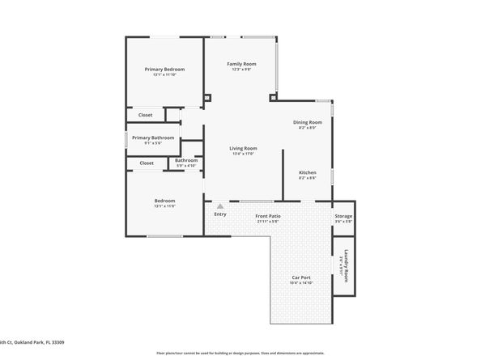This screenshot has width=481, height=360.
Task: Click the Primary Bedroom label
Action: pos(164,70)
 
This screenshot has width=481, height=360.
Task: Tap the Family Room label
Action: pos(240,64)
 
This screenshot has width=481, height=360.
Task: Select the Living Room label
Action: pos(243,148)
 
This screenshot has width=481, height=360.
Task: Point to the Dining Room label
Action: pos(307,122)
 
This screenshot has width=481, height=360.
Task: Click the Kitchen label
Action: pos(307,173)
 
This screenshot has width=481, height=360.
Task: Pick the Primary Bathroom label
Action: pos(153,138)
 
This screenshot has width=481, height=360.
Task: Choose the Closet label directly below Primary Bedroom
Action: pos(145,115)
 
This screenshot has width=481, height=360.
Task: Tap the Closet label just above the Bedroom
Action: pos(147,163)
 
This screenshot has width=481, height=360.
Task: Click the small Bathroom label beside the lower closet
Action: pos(186,160)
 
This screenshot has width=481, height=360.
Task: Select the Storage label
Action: pos(343,216)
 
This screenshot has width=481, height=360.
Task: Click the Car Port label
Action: pos(301,277)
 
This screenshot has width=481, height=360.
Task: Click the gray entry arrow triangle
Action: pos(219,206)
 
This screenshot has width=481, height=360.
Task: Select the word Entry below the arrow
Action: pos(219,214)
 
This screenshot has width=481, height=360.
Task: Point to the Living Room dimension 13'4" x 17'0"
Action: pos(243,154)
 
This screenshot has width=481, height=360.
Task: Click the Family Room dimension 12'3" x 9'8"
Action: pos(240,70)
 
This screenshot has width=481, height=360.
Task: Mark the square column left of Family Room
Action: pos(208,98)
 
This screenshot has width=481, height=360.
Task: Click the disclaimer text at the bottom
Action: pos(240,354)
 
